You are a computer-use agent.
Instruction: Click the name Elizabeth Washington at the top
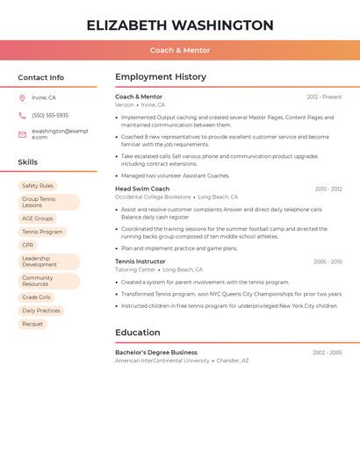(x=179, y=25)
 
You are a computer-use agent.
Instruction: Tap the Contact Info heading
(x=40, y=77)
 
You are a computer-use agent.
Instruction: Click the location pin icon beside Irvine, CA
(x=22, y=97)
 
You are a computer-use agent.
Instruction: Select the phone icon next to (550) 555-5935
(x=22, y=115)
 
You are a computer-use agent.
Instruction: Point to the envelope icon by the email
(x=22, y=134)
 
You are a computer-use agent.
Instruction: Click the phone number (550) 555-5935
(x=50, y=115)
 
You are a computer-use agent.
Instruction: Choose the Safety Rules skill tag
(x=38, y=186)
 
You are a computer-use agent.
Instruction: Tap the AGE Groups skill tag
(x=38, y=218)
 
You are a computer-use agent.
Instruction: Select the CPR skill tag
(x=28, y=246)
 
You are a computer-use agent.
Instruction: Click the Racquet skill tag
(x=32, y=324)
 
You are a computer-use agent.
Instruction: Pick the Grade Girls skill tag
(x=37, y=297)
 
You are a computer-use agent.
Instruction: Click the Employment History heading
(x=161, y=77)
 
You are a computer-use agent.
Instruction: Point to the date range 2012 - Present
(x=324, y=97)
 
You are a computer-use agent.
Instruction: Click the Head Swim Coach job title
(x=142, y=189)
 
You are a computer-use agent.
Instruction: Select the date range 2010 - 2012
(x=328, y=189)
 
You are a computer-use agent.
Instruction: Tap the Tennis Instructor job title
(x=140, y=261)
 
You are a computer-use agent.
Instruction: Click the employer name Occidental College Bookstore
(x=153, y=197)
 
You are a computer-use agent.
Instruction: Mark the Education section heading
(x=138, y=333)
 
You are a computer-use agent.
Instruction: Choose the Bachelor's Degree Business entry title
(x=156, y=352)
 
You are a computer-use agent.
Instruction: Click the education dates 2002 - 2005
(x=327, y=352)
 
